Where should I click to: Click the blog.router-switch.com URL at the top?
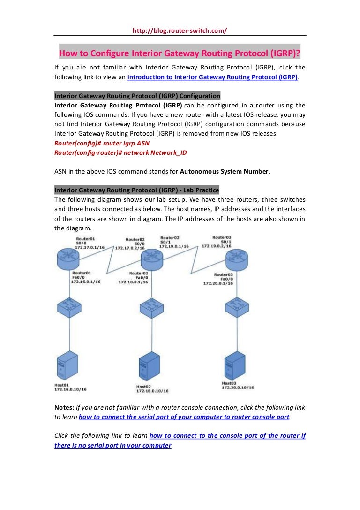(x=180, y=30)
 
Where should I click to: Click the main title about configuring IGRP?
(x=180, y=52)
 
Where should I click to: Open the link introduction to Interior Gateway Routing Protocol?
(x=212, y=77)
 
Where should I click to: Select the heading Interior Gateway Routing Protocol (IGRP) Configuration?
(x=137, y=96)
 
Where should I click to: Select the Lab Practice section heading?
(x=136, y=190)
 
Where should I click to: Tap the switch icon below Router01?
(x=69, y=308)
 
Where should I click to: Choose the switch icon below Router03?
(x=236, y=308)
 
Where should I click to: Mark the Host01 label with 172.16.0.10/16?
(x=71, y=387)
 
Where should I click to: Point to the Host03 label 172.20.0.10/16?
(x=238, y=386)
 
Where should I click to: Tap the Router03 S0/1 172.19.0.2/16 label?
(x=219, y=242)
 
